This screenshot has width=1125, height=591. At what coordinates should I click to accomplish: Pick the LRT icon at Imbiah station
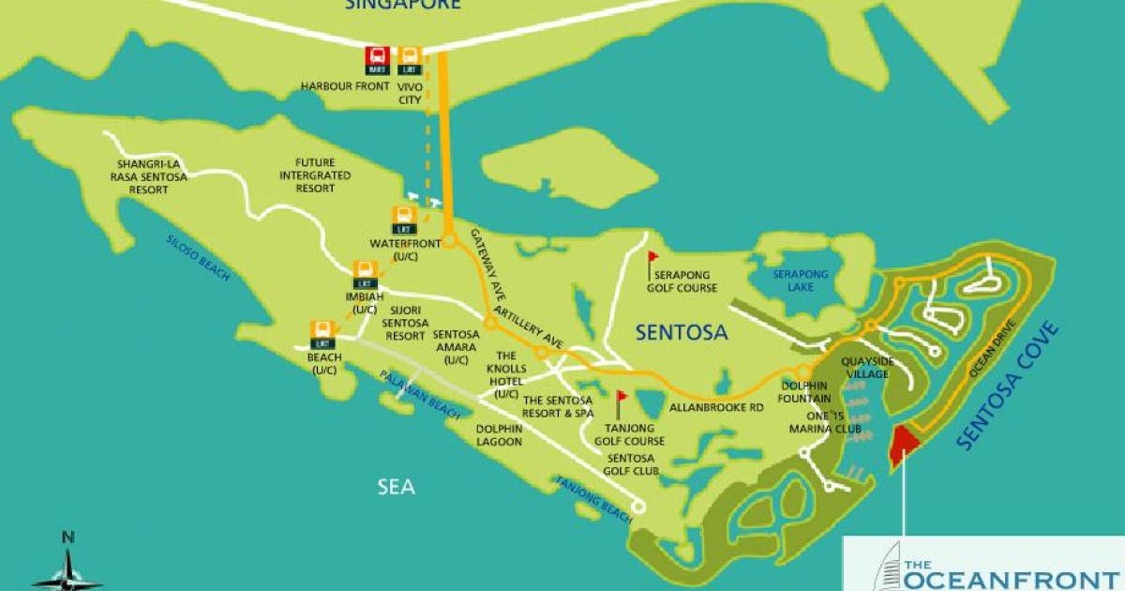tap(365, 275)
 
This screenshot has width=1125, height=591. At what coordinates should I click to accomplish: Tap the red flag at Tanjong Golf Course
tap(621, 402)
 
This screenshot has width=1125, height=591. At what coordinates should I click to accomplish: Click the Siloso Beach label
tap(198, 256)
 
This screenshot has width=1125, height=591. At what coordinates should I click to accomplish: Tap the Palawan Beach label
tap(419, 394)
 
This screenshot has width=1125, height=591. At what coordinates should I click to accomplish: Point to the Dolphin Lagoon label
tap(499, 435)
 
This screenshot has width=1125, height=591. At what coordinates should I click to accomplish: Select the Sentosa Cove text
tap(1009, 386)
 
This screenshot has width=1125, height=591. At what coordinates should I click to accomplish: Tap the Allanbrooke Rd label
tap(716, 408)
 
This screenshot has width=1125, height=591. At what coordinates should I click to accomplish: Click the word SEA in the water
tap(395, 487)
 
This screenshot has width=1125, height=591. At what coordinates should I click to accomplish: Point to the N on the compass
tap(67, 538)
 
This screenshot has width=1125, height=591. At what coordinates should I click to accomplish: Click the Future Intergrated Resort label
tap(314, 175)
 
